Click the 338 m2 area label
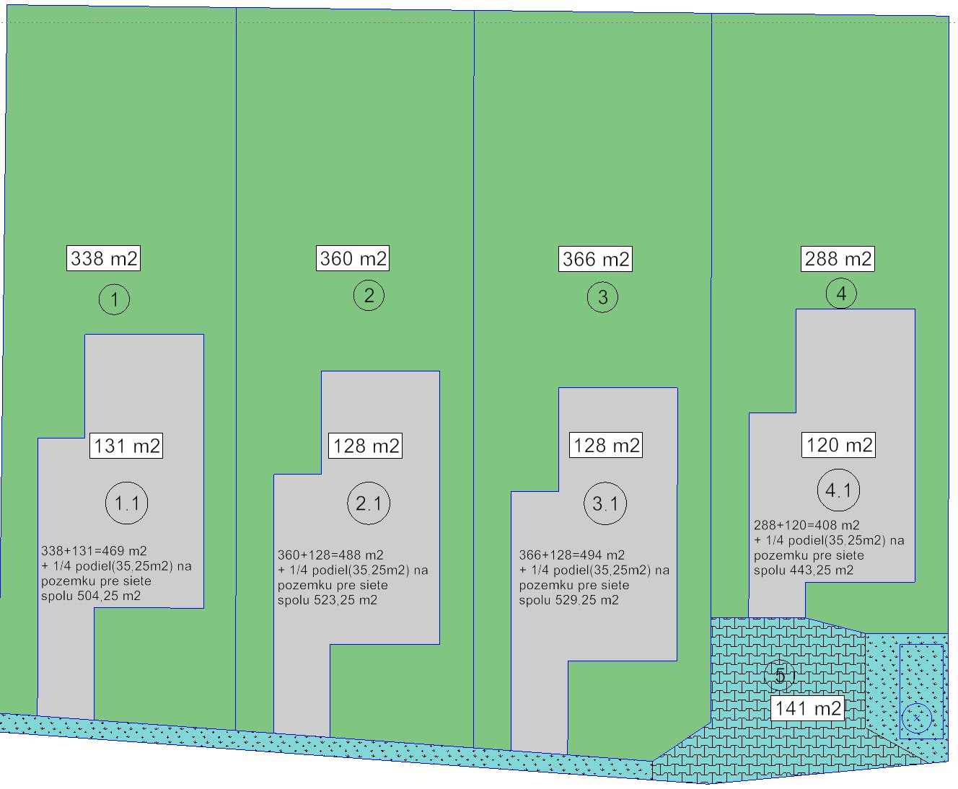103,258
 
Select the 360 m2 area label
353,258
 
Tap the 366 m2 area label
595,259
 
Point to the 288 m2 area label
838,258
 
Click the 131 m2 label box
126,446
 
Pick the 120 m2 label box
839,444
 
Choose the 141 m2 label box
808,708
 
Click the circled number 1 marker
114,299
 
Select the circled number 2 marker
369,296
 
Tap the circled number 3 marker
602,297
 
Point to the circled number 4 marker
841,294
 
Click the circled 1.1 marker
127,503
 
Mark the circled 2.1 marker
369,503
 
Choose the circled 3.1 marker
605,503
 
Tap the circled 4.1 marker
838,490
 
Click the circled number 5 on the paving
780,676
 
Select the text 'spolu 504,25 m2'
91,596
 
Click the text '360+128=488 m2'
330,555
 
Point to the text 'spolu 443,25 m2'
804,570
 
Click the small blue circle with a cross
917,718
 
